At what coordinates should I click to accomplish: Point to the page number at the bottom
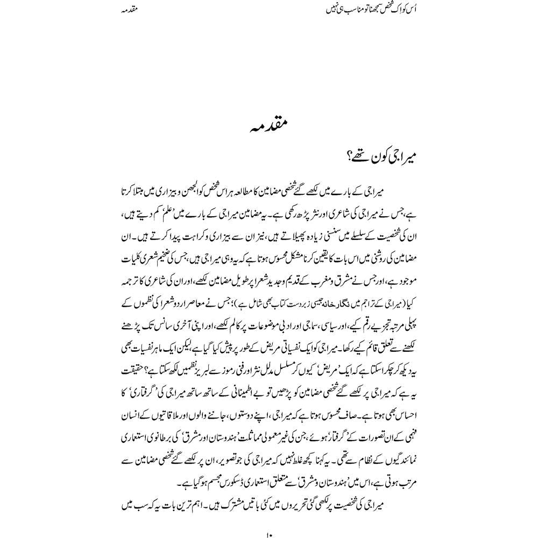click(x=269, y=535)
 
